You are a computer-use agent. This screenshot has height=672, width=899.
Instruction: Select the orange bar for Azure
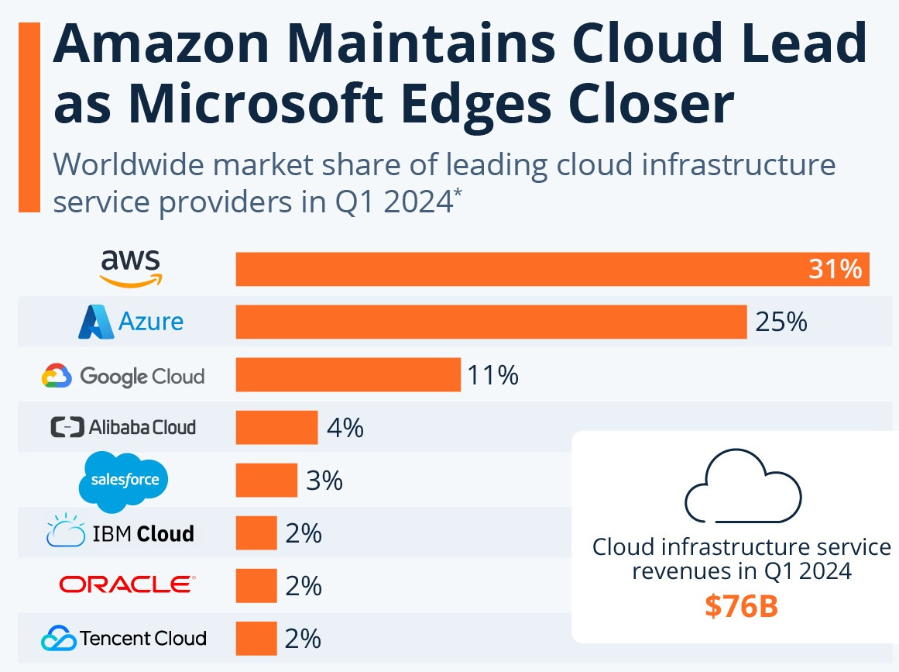pyautogui.click(x=491, y=322)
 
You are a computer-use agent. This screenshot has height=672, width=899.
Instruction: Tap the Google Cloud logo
pyautogui.click(x=123, y=377)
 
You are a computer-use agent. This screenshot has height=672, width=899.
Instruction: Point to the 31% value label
pyautogui.click(x=835, y=269)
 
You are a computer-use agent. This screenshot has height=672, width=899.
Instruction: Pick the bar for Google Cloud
pyautogui.click(x=348, y=374)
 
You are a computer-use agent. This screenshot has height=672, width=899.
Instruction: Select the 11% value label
pyautogui.click(x=492, y=375)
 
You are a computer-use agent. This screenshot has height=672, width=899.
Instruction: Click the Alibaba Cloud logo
pyautogui.click(x=123, y=427)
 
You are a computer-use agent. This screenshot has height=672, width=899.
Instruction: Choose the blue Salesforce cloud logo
pyautogui.click(x=124, y=480)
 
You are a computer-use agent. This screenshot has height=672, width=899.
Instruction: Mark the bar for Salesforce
pyautogui.click(x=266, y=480)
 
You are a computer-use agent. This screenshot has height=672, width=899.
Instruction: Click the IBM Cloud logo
pyautogui.click(x=120, y=533)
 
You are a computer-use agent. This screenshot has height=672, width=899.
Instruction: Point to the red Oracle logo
pyautogui.click(x=127, y=584)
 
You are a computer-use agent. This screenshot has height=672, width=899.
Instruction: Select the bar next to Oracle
pyautogui.click(x=256, y=585)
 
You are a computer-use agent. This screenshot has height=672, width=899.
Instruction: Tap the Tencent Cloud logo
pyautogui.click(x=124, y=639)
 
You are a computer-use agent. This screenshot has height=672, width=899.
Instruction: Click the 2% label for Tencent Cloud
pyautogui.click(x=303, y=639)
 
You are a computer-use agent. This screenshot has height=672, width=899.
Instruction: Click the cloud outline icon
pyautogui.click(x=743, y=489)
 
